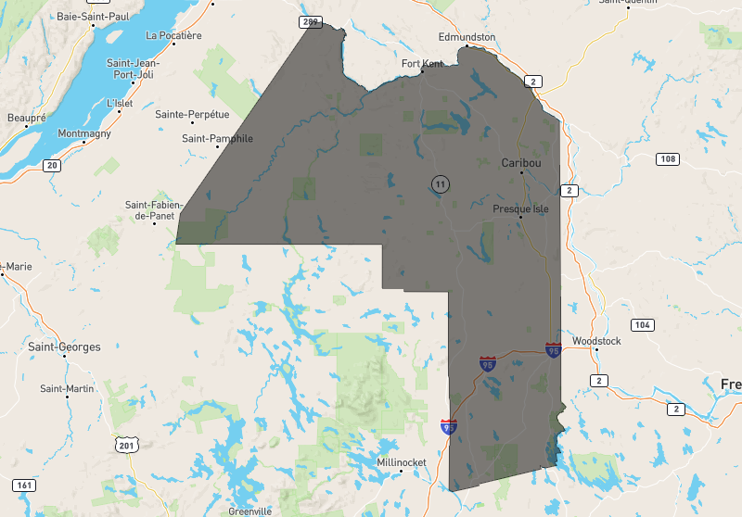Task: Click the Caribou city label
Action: coord(520,162)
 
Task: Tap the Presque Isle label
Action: coord(520,208)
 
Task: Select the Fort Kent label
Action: coord(422,63)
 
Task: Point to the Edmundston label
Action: coord(467,37)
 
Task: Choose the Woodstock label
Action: coord(596,341)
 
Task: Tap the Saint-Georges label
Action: coord(64,347)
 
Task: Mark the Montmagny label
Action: coord(83,133)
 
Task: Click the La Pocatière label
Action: coord(173,35)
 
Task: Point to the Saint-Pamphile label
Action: coord(217,138)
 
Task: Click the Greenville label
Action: coord(250,511)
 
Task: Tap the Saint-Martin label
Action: coord(66,388)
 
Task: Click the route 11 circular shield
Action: coord(440,184)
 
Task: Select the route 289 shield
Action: coord(310,20)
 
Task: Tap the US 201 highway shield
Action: coord(126,446)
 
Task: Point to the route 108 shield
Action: coord(667,159)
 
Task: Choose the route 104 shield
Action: coord(642,324)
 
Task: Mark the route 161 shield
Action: coord(24,485)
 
